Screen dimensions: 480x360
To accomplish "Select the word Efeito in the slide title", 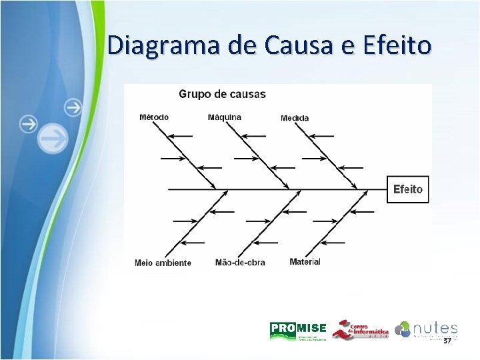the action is pyautogui.click(x=398, y=45).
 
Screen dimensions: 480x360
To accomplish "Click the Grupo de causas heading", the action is pyautogui.click(x=222, y=94).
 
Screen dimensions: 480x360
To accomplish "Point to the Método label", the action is pyautogui.click(x=154, y=117).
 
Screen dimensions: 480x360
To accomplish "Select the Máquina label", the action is pyautogui.click(x=225, y=117).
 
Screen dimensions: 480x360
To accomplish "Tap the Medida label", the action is pyautogui.click(x=295, y=118).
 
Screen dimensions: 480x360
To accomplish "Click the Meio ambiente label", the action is pyautogui.click(x=163, y=263).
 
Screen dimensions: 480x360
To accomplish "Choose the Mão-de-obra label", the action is pyautogui.click(x=240, y=263).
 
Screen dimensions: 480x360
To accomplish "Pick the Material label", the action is pyautogui.click(x=305, y=262).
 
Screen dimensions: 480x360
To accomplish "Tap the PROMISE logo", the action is pyautogui.click(x=298, y=330).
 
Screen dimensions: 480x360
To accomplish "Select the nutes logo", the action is pyautogui.click(x=426, y=329).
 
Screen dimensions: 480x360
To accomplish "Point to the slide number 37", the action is pyautogui.click(x=447, y=341).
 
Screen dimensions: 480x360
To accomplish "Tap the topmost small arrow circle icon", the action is pyautogui.click(x=73, y=107).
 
